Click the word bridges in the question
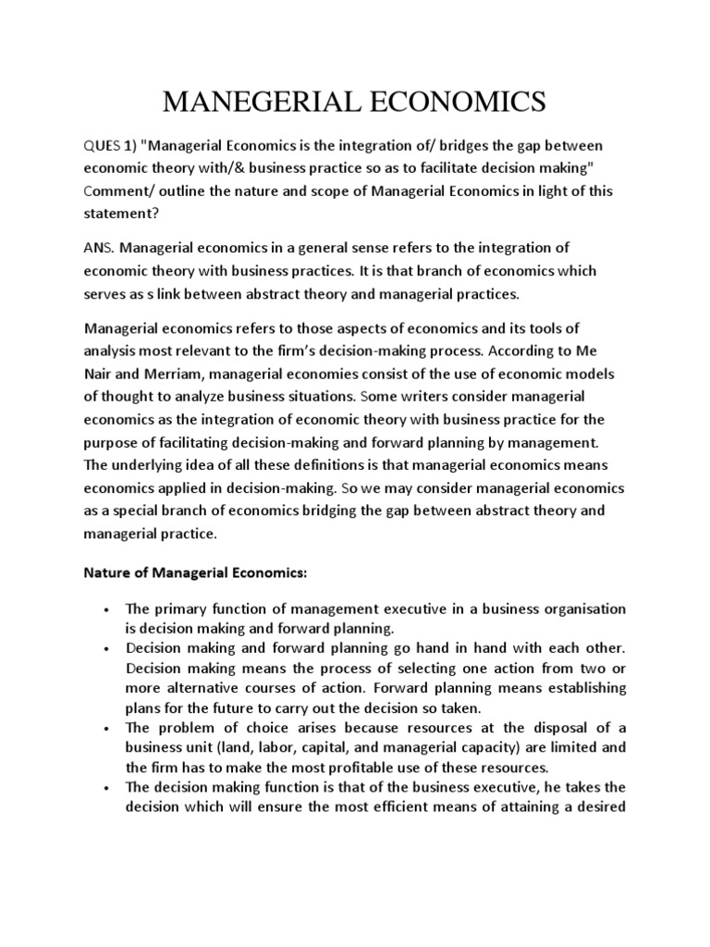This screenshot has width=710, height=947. coord(460,146)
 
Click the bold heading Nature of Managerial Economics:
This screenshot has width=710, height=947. coord(195,573)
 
